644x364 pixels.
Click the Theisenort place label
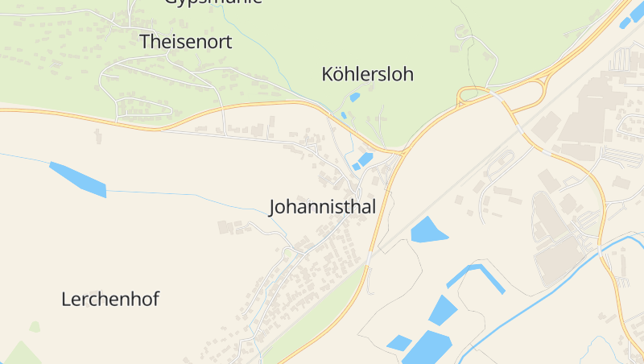(186, 42)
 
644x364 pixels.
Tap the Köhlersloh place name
(367, 75)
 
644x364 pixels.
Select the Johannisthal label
(322, 207)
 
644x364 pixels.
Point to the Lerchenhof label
(110, 300)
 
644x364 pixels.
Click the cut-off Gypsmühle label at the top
(213, 2)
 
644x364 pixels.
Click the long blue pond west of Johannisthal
(79, 180)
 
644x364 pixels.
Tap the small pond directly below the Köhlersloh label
(355, 97)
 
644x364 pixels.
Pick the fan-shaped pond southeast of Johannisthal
(427, 230)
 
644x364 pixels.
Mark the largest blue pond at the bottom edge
(427, 348)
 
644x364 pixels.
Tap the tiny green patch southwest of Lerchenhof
(35, 326)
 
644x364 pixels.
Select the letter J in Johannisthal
(273, 208)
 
